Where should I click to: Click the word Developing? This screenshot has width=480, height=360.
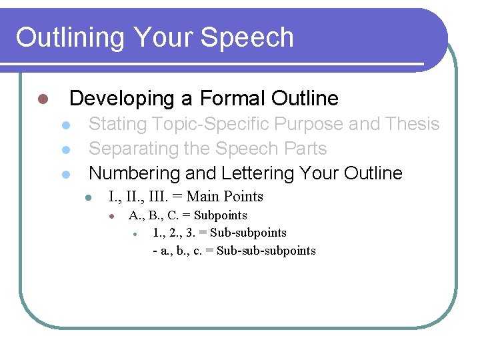click(x=121, y=99)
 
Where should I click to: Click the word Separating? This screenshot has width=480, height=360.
click(x=134, y=149)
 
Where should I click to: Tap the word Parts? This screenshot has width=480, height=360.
click(x=304, y=149)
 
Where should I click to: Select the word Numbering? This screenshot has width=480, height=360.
click(x=134, y=173)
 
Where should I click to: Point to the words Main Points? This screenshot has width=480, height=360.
click(x=225, y=197)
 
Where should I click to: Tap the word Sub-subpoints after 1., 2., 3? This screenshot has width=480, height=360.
click(x=248, y=233)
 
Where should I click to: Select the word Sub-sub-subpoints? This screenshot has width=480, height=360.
click(x=266, y=251)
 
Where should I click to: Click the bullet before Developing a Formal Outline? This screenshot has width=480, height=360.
click(x=41, y=99)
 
